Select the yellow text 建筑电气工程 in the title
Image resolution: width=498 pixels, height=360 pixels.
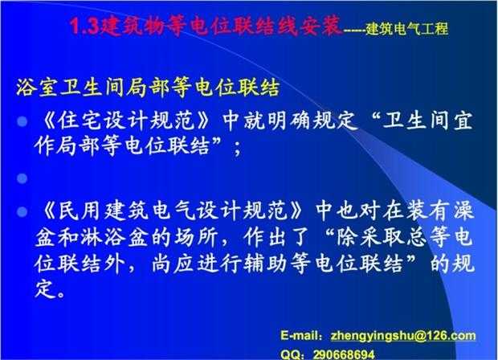407,29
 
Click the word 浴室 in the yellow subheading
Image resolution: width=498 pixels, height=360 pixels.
37,87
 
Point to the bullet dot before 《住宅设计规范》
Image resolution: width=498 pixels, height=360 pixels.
22,121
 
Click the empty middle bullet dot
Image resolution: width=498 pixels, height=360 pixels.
22,178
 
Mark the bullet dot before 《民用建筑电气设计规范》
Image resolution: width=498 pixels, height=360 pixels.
22,211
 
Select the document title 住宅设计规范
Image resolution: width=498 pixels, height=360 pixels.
126,121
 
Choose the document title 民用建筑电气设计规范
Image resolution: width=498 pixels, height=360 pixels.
173,211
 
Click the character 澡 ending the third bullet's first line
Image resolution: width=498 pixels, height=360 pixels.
463,211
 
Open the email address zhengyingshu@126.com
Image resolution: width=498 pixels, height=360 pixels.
403,336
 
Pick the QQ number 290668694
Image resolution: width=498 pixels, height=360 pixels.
344,354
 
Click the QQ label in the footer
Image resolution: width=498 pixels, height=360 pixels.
290,354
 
